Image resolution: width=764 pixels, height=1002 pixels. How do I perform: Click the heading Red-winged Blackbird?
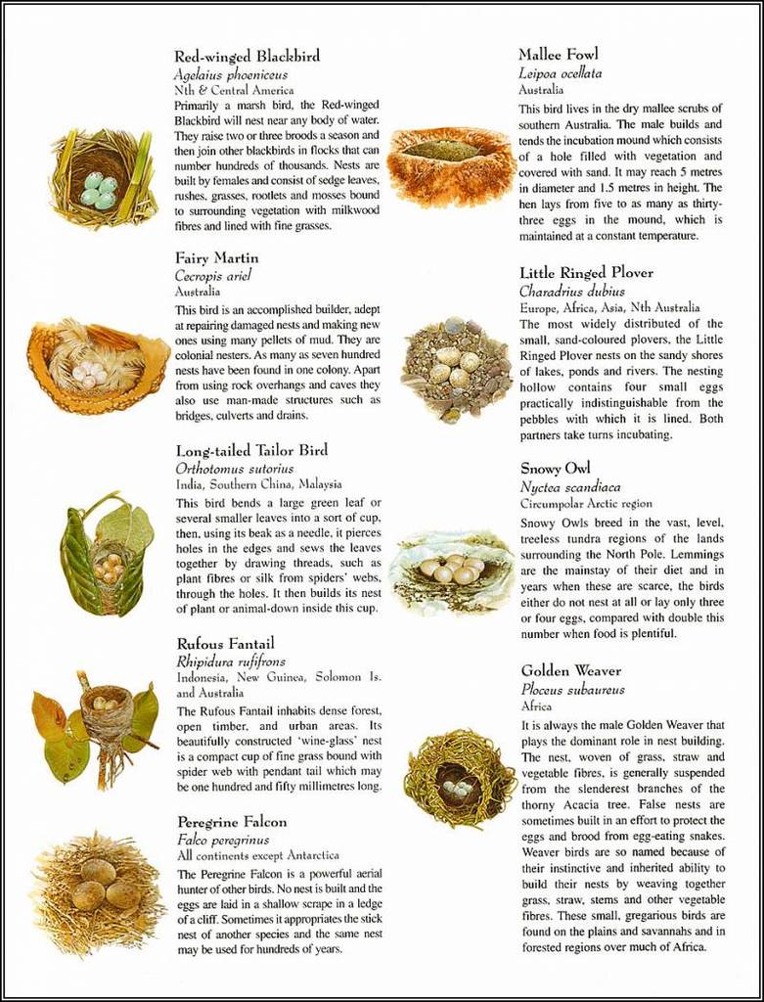click(x=247, y=56)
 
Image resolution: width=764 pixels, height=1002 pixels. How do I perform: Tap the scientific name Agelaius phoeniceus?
click(x=231, y=74)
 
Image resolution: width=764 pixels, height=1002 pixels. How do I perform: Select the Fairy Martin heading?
click(x=217, y=258)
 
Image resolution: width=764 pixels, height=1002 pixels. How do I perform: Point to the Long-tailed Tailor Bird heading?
click(x=251, y=451)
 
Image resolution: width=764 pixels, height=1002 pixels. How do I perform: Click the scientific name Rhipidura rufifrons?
click(x=231, y=662)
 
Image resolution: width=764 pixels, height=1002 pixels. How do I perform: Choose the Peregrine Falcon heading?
click(x=232, y=822)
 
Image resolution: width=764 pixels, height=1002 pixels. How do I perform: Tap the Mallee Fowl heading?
click(x=558, y=54)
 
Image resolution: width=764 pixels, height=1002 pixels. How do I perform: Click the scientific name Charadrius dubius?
click(x=571, y=291)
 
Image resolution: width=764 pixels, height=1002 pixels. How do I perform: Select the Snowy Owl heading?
click(x=556, y=469)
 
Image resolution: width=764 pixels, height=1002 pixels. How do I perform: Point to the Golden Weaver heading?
click(x=570, y=671)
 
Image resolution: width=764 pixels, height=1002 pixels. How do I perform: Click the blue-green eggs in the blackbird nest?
click(x=99, y=189)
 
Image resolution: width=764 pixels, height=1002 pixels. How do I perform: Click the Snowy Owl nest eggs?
click(x=451, y=569)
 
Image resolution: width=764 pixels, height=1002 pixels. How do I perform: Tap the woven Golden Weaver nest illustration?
click(x=458, y=779)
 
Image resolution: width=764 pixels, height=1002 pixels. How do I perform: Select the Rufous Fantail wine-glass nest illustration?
click(x=106, y=722)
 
